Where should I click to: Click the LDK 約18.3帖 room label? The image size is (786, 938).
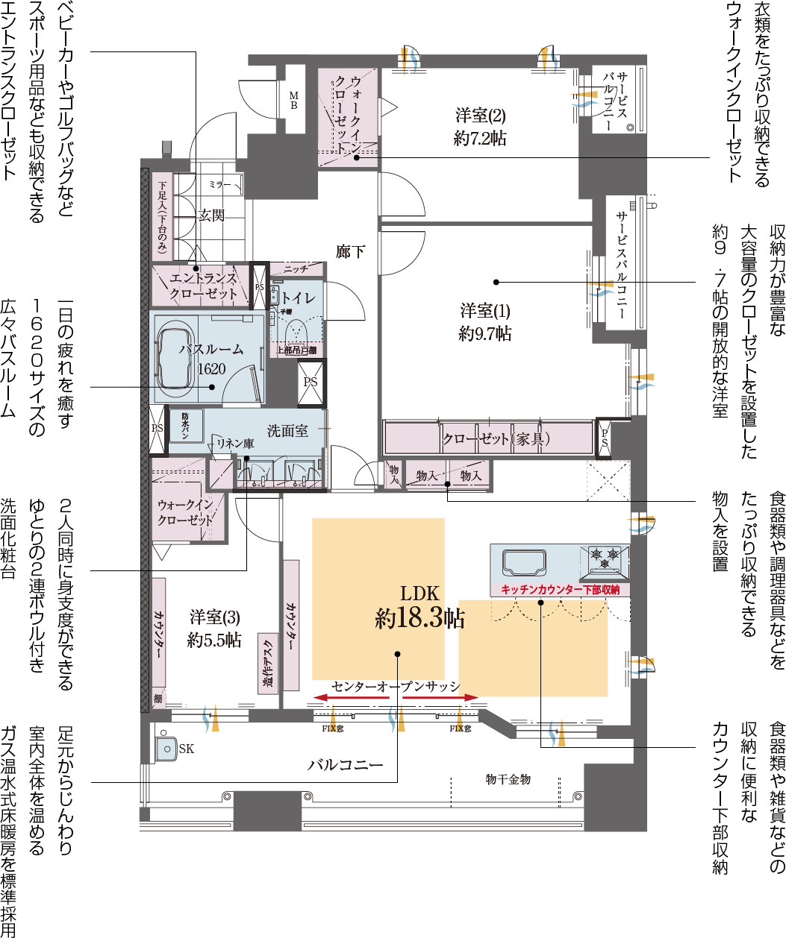click(419, 606)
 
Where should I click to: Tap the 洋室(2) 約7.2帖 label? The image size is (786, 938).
click(480, 126)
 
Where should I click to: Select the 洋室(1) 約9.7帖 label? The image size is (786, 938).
click(484, 321)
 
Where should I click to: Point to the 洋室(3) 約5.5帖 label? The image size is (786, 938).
click(214, 628)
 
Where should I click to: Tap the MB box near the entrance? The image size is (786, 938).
click(293, 100)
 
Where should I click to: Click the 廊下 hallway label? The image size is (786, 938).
click(350, 251)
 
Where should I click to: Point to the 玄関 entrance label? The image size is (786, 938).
click(211, 215)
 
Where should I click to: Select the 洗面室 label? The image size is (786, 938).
click(287, 431)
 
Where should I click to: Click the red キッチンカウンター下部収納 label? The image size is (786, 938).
click(560, 590)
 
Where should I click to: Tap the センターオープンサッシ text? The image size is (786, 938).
click(396, 687)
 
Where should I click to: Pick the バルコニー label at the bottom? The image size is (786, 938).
click(346, 765)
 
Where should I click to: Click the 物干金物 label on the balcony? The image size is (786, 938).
click(508, 779)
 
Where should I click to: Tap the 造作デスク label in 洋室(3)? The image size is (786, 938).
click(269, 664)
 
